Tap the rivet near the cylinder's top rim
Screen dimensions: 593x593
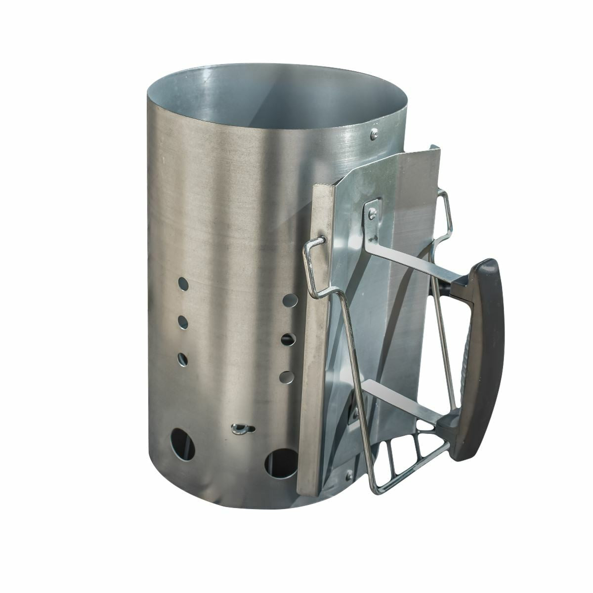coord(374,132)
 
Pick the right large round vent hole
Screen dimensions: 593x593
coord(281,463)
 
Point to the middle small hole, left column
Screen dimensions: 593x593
coord(183,322)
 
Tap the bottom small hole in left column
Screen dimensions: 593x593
coord(183,358)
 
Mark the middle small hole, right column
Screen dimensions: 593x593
coord(288,339)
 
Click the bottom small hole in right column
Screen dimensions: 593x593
coord(286,377)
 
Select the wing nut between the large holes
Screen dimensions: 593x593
coord(241,428)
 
